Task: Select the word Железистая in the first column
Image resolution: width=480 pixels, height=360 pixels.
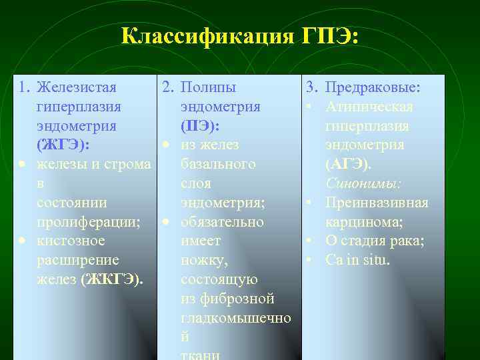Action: click(77, 87)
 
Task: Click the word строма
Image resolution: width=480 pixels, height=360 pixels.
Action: click(128, 164)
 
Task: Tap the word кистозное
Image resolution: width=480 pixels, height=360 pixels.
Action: click(69, 241)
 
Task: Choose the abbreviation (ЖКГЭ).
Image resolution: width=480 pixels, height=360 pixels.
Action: click(111, 279)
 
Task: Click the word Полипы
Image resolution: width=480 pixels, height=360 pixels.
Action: click(208, 87)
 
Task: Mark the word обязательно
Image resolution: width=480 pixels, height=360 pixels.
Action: click(223, 221)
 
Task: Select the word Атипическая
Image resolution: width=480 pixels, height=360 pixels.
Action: click(369, 107)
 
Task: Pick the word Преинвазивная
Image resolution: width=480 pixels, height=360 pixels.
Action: click(377, 203)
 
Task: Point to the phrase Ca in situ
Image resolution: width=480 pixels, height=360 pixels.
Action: click(357, 260)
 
